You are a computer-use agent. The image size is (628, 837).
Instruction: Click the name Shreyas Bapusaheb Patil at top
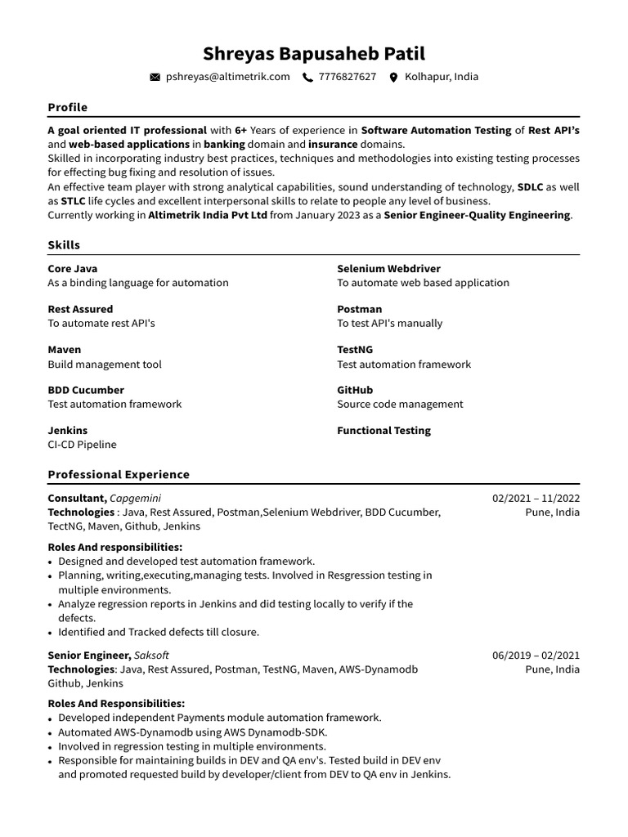314,54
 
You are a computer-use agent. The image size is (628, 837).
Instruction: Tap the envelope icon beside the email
155,78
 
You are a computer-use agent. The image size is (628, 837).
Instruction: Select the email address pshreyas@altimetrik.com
227,77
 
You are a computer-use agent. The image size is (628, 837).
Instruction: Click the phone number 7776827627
348,77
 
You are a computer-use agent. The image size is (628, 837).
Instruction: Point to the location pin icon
393,78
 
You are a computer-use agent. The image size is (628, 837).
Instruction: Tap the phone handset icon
307,78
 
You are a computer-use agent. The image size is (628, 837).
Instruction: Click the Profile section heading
67,107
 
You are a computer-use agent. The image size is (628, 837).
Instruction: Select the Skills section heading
64,245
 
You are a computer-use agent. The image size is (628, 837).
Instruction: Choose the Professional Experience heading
119,474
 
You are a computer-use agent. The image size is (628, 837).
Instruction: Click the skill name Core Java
72,268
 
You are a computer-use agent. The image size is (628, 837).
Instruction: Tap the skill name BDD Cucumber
86,390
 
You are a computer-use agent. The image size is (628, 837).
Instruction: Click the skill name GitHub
355,390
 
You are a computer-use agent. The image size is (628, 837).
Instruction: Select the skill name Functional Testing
384,430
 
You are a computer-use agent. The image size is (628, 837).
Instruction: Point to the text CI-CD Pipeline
82,445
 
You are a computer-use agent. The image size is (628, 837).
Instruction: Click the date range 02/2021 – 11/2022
536,498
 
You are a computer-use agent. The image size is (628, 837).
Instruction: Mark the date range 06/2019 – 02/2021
536,655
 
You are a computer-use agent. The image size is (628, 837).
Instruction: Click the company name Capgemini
135,498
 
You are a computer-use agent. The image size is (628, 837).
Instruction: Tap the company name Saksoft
151,655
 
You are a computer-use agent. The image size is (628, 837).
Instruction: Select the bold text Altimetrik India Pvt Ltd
208,215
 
